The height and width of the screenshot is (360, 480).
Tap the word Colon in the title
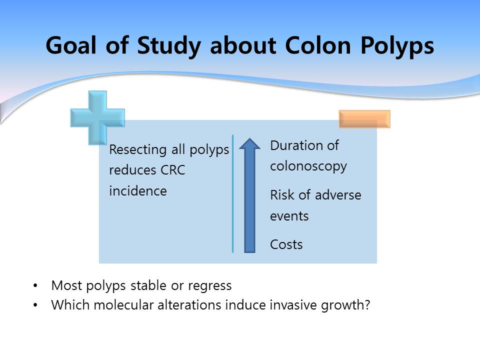(318, 45)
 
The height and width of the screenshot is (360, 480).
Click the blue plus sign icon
(97, 118)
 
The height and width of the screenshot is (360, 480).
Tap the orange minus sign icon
(364, 119)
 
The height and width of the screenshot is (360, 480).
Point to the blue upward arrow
(250, 195)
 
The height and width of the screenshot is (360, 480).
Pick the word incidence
(138, 191)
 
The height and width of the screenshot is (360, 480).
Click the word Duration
(296, 145)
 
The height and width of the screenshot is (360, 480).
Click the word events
(289, 216)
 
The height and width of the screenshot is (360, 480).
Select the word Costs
(286, 244)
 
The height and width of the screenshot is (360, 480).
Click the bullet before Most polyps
(35, 286)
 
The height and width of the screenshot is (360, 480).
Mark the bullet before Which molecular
(35, 305)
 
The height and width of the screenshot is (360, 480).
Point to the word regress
(209, 286)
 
